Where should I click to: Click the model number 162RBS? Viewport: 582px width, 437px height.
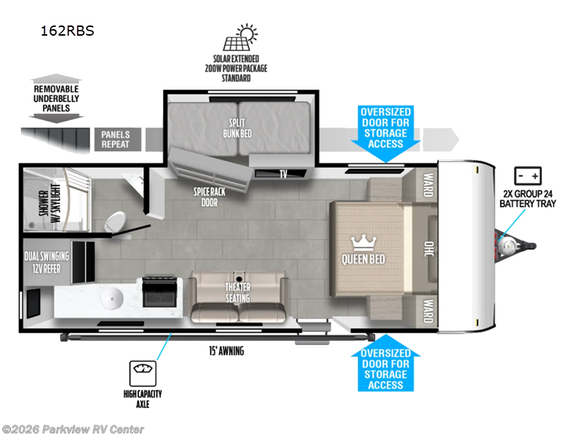point(68,31)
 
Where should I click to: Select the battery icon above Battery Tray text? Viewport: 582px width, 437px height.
point(527,176)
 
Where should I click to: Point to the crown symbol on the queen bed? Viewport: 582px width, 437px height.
point(362,241)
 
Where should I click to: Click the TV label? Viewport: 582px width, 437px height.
point(282,174)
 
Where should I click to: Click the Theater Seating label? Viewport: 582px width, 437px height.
point(237,293)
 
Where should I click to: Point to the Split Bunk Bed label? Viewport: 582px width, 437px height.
point(237,129)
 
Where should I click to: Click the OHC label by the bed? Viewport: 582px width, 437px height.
point(428,248)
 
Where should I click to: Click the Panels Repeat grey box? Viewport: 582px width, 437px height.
point(115,138)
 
